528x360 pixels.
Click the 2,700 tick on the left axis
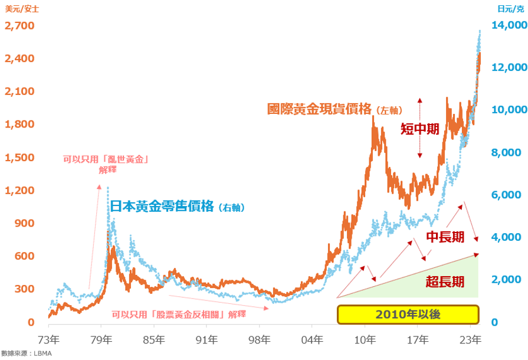pyautogui.click(x=19, y=26)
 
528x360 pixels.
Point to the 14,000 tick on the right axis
pyautogui.click(x=508, y=26)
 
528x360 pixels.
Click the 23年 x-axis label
pyautogui.click(x=470, y=340)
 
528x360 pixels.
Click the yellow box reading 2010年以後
pyautogui.click(x=407, y=315)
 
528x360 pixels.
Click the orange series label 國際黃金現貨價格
pyautogui.click(x=319, y=109)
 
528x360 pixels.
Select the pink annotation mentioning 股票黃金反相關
pyautogui.click(x=178, y=315)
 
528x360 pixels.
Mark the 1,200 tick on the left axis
pyautogui.click(x=19, y=191)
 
